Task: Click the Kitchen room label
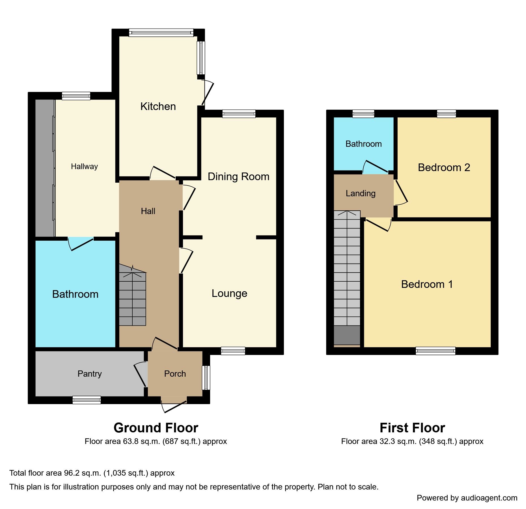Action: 158,107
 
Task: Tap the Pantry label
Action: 89,374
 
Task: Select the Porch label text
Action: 175,374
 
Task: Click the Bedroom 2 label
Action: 444,167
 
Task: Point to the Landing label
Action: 360,193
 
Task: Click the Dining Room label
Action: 238,176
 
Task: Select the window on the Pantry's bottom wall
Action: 87,400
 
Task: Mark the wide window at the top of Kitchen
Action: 161,33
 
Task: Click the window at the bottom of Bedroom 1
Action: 436,351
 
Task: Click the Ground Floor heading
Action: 156,428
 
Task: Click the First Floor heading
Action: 412,428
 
